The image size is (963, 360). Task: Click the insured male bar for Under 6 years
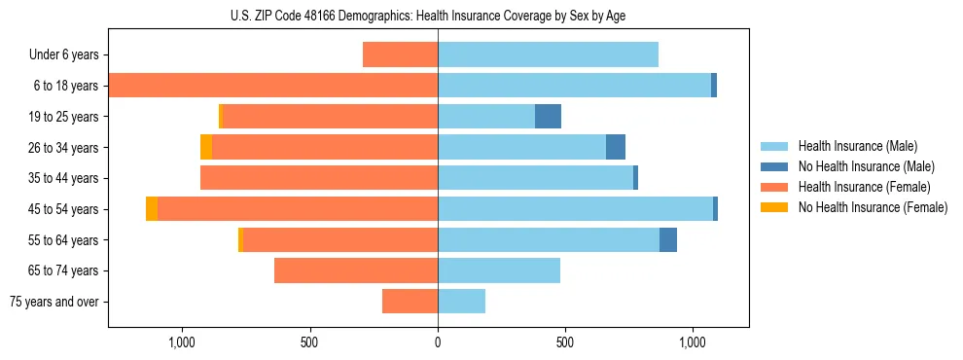click(x=548, y=54)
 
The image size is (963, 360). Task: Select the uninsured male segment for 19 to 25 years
click(x=548, y=117)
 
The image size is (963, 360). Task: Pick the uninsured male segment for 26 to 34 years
click(x=615, y=147)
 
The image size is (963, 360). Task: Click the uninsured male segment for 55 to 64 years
click(x=667, y=239)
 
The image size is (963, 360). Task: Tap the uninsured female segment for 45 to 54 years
click(x=152, y=209)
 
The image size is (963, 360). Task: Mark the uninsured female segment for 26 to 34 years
click(x=206, y=147)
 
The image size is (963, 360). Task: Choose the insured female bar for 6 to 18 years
click(x=273, y=86)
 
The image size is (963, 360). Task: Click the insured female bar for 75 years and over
click(x=410, y=302)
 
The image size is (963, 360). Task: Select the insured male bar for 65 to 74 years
click(x=499, y=270)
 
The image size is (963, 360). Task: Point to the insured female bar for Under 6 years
click(x=400, y=54)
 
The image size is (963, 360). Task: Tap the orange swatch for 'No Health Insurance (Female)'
click(x=774, y=207)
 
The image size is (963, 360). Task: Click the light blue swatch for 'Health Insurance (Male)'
click(x=774, y=146)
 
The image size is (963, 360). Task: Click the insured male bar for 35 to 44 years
click(x=535, y=178)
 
